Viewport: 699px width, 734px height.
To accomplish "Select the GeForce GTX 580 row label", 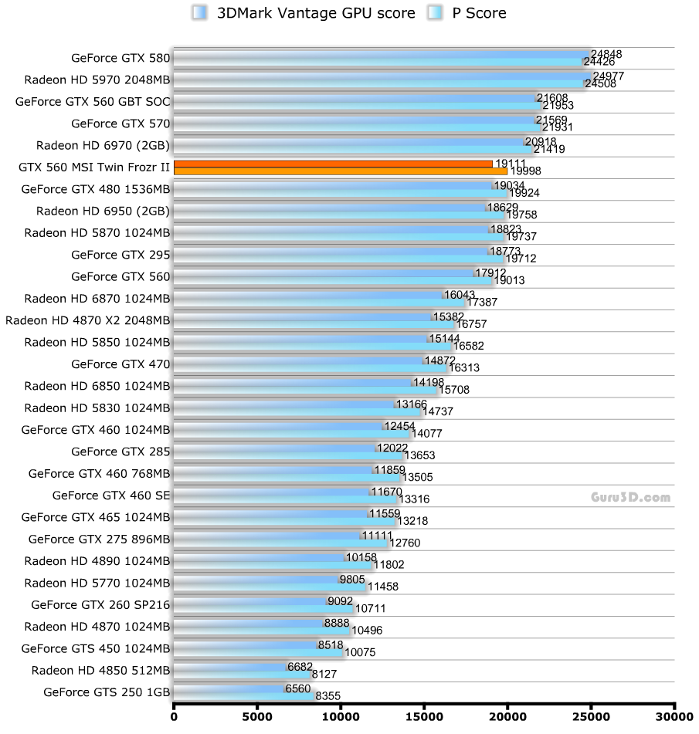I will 120,57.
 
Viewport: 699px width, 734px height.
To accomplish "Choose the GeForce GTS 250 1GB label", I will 107,692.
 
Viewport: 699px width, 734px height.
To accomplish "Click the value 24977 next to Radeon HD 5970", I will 609,76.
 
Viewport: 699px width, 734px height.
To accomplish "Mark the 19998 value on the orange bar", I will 524,171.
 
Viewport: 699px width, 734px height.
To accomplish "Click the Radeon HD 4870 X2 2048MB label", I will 87,320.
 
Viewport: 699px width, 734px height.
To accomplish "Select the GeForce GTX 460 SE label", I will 111,495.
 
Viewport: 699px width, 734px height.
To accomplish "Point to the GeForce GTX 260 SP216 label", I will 100,604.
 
